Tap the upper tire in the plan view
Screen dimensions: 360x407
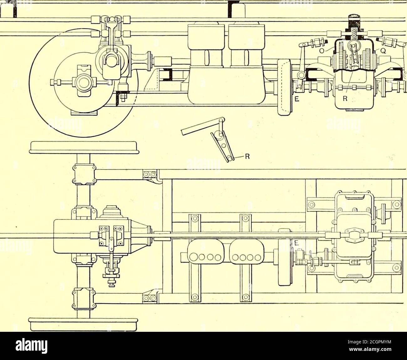click(85, 148)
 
